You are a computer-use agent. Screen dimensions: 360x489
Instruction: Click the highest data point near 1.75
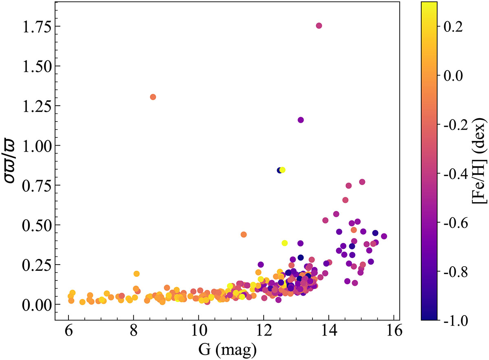pos(319,26)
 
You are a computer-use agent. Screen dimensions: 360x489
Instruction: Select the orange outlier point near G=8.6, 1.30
pos(153,97)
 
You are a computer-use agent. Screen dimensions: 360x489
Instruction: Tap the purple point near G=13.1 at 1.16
pos(301,120)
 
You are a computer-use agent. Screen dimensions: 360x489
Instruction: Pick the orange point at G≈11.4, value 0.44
pos(244,234)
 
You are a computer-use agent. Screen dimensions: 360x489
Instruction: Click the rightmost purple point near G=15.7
pos(384,236)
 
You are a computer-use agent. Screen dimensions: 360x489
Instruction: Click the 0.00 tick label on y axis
pos(35,305)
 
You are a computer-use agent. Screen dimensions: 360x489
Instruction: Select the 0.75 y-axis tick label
pos(35,185)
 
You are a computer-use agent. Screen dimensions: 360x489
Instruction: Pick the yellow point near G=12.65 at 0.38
pos(284,243)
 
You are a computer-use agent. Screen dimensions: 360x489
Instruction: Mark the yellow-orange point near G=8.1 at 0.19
pos(137,274)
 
